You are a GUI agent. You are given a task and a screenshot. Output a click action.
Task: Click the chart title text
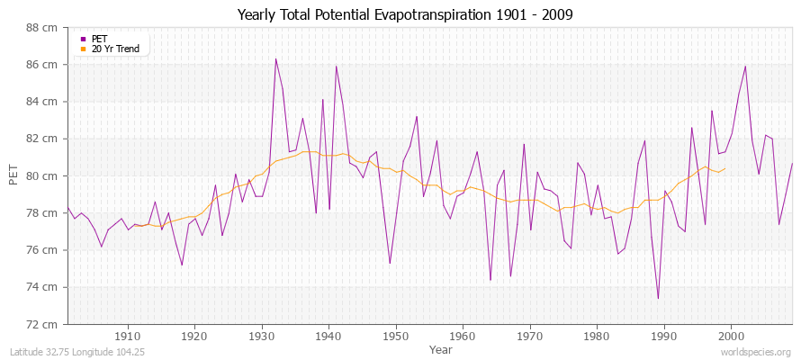click(405, 14)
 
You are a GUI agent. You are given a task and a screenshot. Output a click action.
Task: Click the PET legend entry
click(99, 39)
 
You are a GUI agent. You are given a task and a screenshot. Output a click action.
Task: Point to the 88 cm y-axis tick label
click(44, 28)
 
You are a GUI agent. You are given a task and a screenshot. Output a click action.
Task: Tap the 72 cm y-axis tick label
click(44, 324)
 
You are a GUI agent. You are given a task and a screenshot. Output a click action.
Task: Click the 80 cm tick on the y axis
click(44, 175)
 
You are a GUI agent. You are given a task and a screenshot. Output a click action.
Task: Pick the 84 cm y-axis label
click(44, 102)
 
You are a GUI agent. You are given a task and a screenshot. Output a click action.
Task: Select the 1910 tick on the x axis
click(128, 336)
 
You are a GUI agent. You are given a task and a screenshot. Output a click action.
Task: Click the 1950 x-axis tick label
click(396, 336)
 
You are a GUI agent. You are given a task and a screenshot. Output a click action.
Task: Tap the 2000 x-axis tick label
click(731, 336)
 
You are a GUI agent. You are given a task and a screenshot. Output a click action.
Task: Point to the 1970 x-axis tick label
click(530, 336)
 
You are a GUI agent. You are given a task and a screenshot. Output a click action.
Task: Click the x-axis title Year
click(441, 348)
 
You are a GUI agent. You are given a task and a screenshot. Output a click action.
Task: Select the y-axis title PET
click(13, 175)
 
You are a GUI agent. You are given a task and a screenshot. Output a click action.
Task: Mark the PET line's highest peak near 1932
click(275, 59)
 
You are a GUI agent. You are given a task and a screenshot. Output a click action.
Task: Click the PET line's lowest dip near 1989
click(658, 298)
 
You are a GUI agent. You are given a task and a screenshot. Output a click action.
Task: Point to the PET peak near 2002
click(745, 67)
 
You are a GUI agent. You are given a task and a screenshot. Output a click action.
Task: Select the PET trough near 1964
click(490, 280)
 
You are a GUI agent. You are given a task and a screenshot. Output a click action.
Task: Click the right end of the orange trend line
click(724, 168)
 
